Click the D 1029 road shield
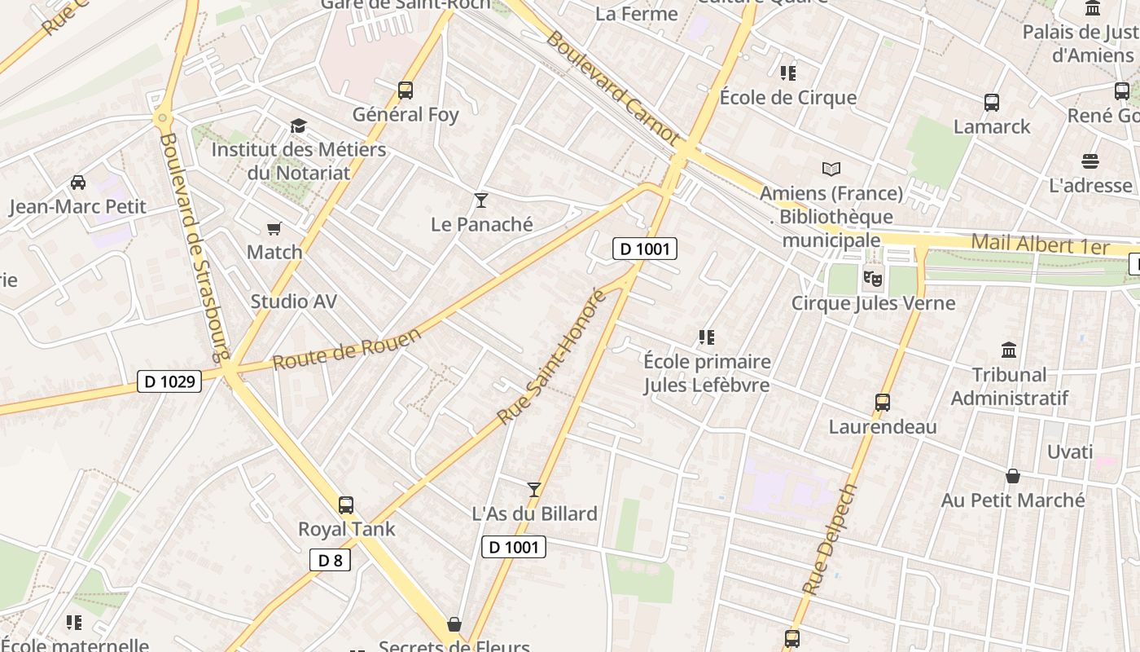[x=169, y=381]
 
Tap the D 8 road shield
[x=330, y=560]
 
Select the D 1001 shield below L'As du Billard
[x=513, y=547]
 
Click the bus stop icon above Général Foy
[x=406, y=90]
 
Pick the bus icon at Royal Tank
[x=346, y=505]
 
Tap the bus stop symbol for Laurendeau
[x=882, y=403]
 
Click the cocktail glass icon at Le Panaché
[x=481, y=200]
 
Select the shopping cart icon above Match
[x=274, y=229]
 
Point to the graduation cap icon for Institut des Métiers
[x=298, y=126]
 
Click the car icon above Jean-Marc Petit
[x=78, y=183]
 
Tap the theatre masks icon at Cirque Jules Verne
[x=873, y=279]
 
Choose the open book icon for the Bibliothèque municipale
[x=831, y=170]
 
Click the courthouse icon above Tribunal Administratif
[x=1009, y=350]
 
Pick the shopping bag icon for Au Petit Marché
[x=1013, y=476]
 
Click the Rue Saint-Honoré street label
[x=552, y=357]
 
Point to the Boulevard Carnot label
[x=612, y=89]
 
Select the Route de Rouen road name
[x=347, y=349]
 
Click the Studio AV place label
[x=293, y=302]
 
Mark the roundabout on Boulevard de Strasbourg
[x=163, y=119]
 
